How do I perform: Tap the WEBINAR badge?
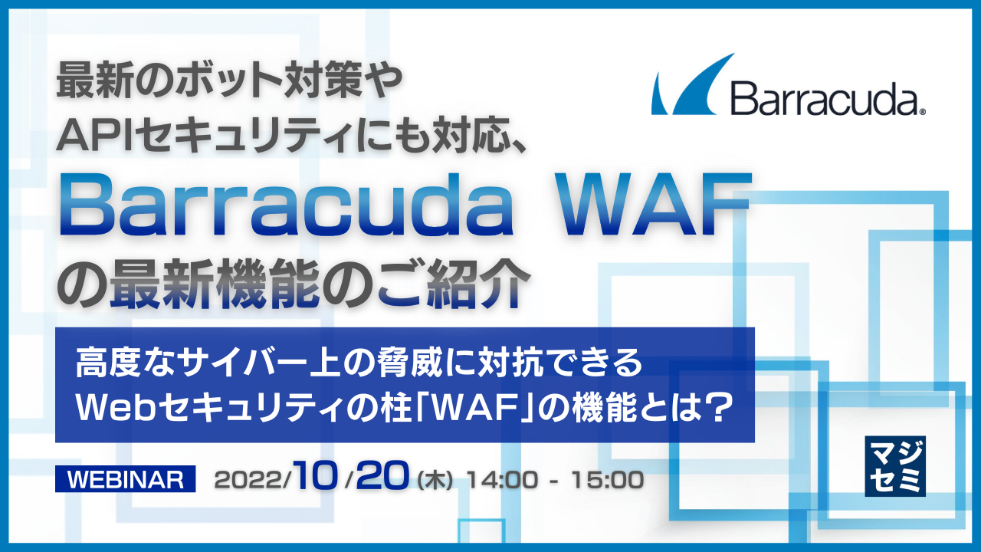pyautogui.click(x=126, y=480)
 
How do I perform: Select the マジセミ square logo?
pyautogui.click(x=894, y=465)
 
